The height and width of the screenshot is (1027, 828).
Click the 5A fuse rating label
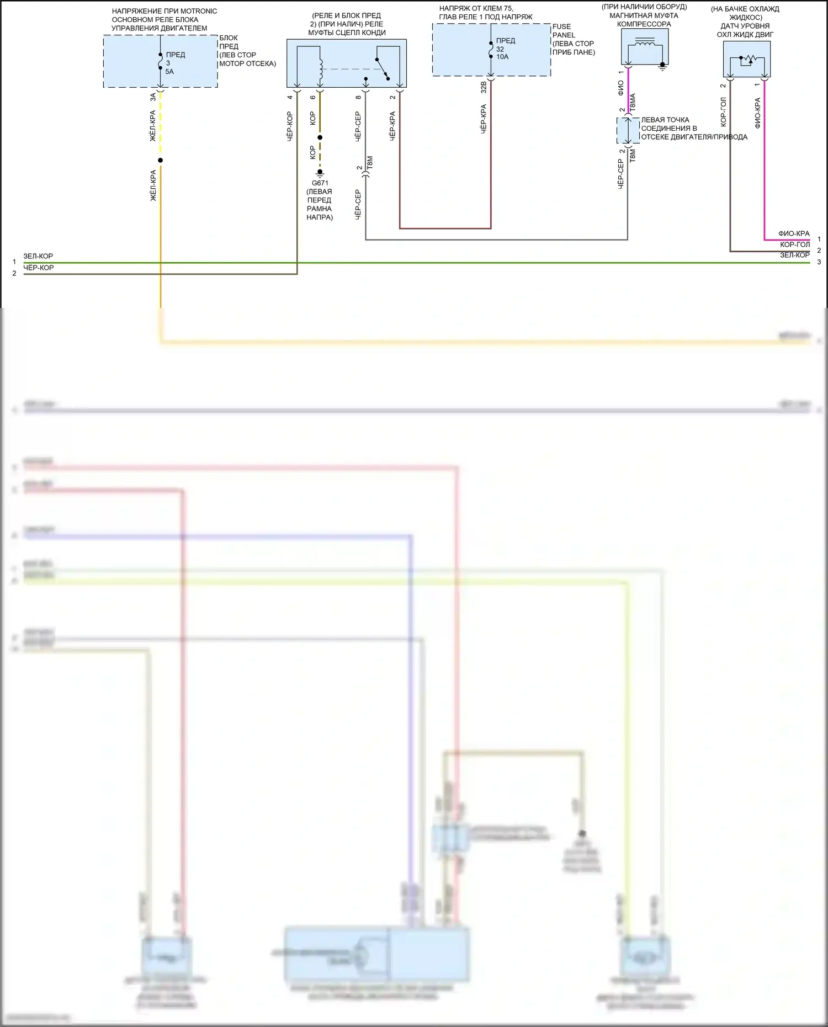(x=169, y=72)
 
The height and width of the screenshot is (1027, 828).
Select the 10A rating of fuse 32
(x=502, y=57)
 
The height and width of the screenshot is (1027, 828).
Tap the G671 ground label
(x=320, y=183)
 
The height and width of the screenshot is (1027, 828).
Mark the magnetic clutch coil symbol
(x=645, y=44)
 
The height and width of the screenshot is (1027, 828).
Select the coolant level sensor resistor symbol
(x=747, y=59)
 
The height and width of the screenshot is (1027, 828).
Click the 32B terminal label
(x=484, y=87)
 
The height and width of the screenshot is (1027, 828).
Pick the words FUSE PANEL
(x=563, y=31)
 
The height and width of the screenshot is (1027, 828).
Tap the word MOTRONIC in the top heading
(x=199, y=11)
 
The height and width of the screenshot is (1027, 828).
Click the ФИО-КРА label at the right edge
(x=794, y=233)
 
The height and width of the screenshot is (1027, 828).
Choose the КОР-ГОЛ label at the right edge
(x=795, y=244)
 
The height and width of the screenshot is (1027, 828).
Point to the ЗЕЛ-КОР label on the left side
(x=38, y=256)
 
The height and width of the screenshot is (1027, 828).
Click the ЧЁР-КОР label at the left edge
(x=39, y=268)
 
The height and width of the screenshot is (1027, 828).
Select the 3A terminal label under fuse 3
(x=153, y=97)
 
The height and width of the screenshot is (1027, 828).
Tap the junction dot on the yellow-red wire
(x=161, y=161)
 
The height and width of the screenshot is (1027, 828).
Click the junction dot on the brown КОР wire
(x=320, y=137)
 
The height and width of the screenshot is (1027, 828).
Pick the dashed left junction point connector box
(x=628, y=131)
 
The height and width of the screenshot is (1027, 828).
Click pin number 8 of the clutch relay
(x=358, y=98)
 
